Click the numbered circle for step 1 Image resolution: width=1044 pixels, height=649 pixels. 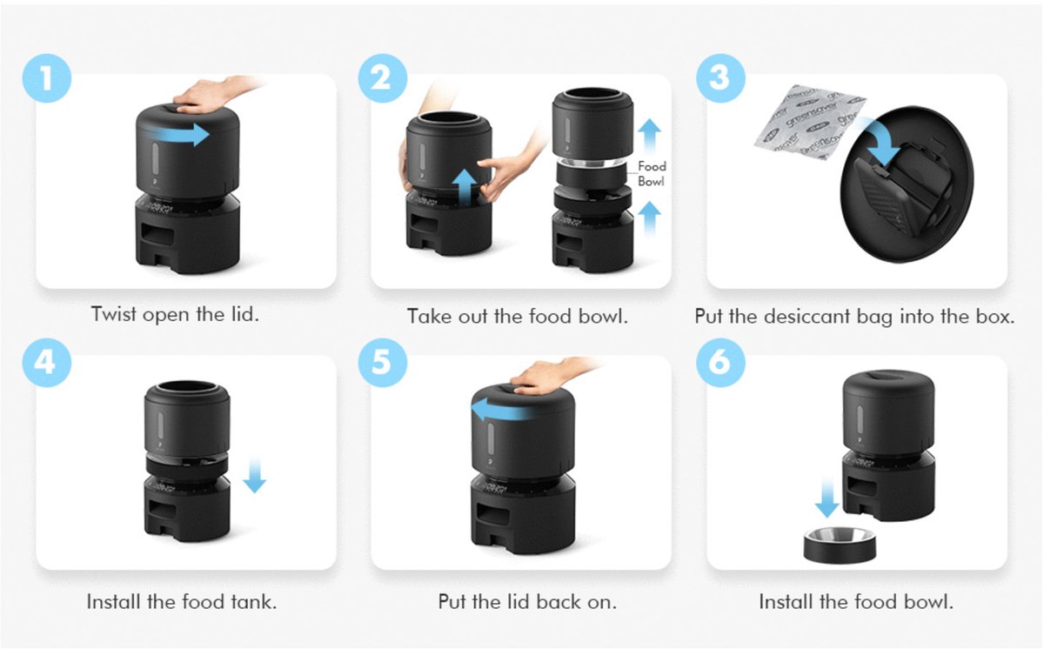(47, 78)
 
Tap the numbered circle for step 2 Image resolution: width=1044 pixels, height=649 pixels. (383, 78)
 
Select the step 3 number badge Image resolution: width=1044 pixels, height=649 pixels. (720, 78)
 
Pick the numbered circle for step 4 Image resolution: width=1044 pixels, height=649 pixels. (47, 363)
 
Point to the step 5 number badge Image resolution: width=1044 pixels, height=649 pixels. (383, 363)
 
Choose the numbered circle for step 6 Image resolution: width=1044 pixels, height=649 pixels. (720, 363)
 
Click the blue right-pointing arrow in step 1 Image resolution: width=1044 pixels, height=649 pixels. (177, 135)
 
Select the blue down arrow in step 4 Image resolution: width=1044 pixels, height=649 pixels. (254, 475)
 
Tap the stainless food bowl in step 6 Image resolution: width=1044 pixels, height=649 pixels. (840, 545)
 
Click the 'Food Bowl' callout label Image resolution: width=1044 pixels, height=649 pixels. (652, 174)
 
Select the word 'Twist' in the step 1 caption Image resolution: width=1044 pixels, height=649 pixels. (114, 314)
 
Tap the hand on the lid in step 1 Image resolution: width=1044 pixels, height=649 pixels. (210, 95)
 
